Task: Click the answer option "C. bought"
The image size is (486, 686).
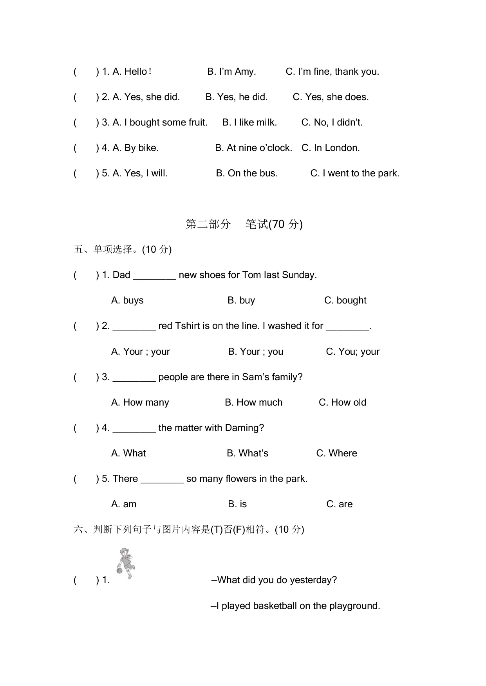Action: coord(345,300)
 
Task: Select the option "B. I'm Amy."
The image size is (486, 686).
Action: coord(231,72)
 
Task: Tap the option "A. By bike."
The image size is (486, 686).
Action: coord(136,148)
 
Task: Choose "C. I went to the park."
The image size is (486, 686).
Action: coord(355,173)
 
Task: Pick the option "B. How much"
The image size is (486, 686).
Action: coord(253,402)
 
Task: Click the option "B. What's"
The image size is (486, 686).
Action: coord(248,453)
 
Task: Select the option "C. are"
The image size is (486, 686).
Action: coord(339,504)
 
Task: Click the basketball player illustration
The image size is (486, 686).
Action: coord(125,563)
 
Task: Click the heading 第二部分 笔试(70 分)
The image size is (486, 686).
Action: coord(244,224)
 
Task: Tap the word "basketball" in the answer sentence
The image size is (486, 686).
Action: coord(275,606)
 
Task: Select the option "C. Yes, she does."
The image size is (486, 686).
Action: coord(331,97)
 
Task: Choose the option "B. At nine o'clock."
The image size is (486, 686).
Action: coord(253,148)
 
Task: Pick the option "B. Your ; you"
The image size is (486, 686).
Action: coord(255,352)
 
